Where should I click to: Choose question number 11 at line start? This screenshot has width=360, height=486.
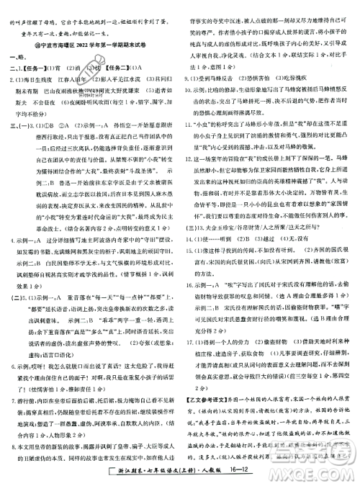(x=190, y=113)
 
